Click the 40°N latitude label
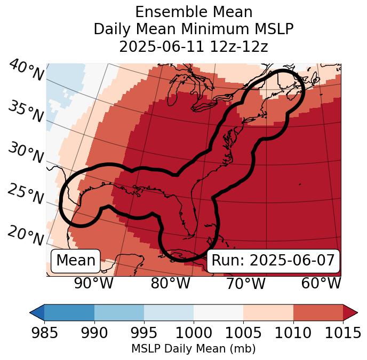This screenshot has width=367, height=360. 25,71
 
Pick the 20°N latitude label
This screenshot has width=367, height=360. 25,235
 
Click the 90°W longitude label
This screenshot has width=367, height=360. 93,283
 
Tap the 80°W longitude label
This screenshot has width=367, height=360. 170,283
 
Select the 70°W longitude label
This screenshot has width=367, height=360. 245,283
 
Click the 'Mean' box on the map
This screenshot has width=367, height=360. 76,261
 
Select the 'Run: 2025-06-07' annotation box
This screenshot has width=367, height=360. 273,261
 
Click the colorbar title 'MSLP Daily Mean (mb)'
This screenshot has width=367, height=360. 193,349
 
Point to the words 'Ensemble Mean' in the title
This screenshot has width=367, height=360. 194,12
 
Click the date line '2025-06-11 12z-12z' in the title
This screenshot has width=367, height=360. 194,46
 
